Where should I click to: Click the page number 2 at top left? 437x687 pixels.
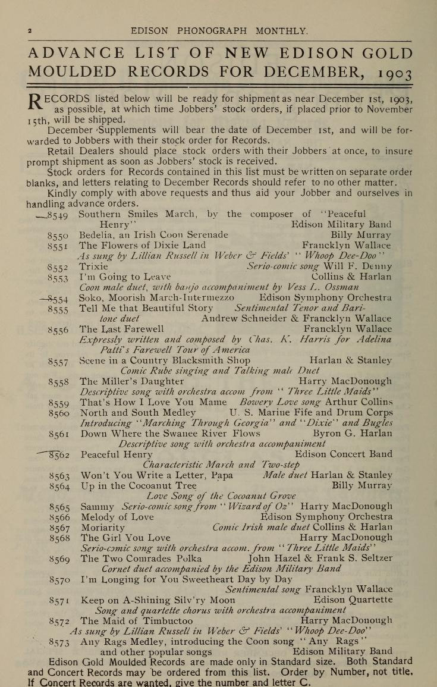pyautogui.click(x=29, y=30)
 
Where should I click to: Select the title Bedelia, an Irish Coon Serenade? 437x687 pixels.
pyautogui.click(x=153, y=235)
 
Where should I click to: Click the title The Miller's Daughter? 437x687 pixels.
pyautogui.click(x=132, y=381)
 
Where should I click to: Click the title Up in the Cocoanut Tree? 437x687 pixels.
pyautogui.click(x=139, y=485)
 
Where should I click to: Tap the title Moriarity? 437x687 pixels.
pyautogui.click(x=103, y=527)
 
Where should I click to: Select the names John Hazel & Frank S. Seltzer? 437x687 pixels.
pyautogui.click(x=320, y=559)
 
